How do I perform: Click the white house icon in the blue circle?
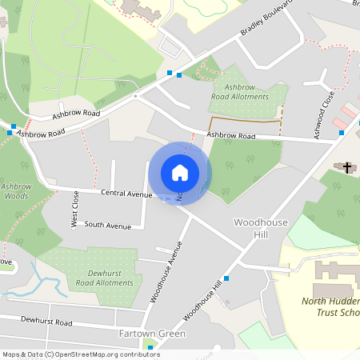tap(180, 173)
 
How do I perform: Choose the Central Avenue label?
tap(126, 194)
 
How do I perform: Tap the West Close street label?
tap(75, 208)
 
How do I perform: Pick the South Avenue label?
tap(107, 226)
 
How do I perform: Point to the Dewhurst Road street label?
tap(46, 323)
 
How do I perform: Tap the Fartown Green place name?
tap(152, 334)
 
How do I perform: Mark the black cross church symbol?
tap(347, 167)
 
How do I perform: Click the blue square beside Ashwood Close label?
tap(342, 132)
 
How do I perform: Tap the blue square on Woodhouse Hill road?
tap(226, 278)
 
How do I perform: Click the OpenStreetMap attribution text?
tap(81, 354)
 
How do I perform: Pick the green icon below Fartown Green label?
tap(150, 347)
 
